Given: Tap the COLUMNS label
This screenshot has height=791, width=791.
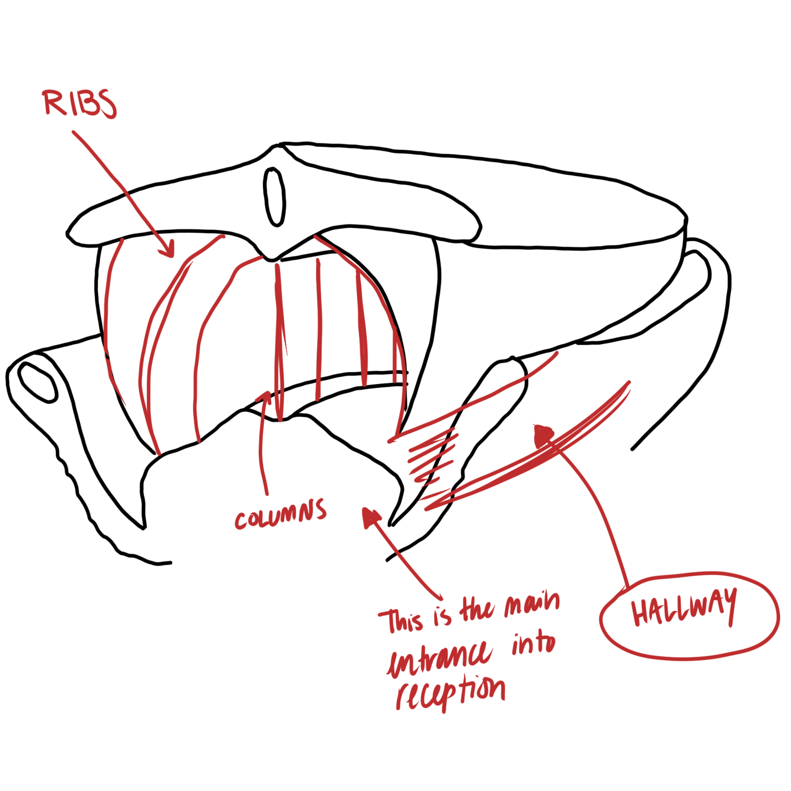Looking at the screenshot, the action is [281, 514].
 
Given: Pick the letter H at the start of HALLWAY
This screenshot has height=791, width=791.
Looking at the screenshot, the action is [640, 614].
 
